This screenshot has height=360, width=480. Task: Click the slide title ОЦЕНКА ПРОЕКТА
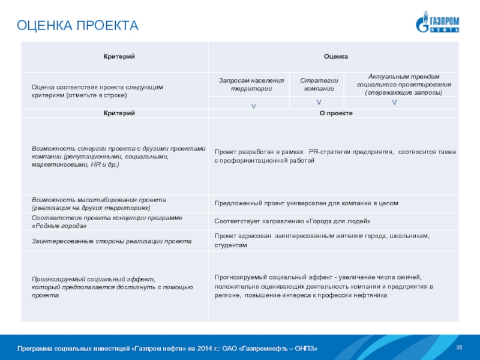point(77,26)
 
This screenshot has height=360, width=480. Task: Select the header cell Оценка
point(335,56)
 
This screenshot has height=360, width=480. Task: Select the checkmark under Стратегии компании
point(319,102)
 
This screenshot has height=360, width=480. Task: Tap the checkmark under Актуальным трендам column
point(394,102)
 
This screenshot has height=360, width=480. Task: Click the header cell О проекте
point(335,113)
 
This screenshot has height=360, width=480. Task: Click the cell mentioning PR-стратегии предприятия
point(335,156)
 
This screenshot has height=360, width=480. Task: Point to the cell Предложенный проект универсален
point(306,203)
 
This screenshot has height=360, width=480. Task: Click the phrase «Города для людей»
point(343,220)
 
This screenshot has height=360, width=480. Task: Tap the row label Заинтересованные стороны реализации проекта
point(111,241)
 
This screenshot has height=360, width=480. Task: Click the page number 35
point(460,348)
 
